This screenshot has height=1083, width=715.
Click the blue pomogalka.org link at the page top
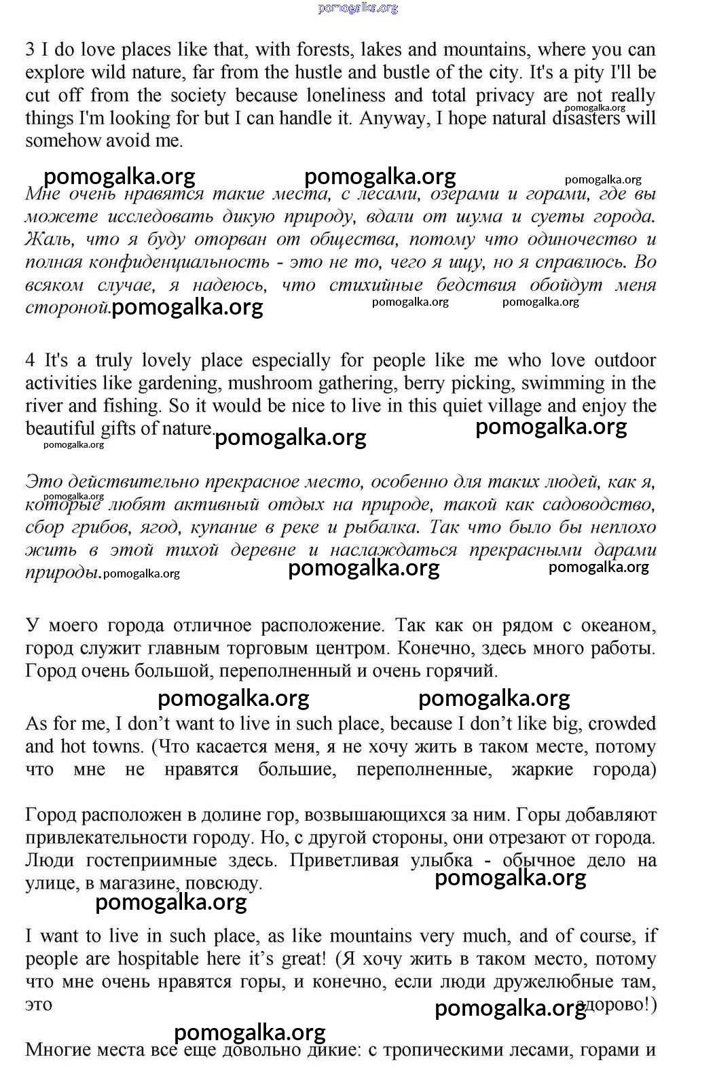(x=358, y=8)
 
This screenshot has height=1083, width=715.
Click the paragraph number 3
(x=30, y=50)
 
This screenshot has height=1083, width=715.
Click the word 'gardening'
(x=178, y=383)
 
